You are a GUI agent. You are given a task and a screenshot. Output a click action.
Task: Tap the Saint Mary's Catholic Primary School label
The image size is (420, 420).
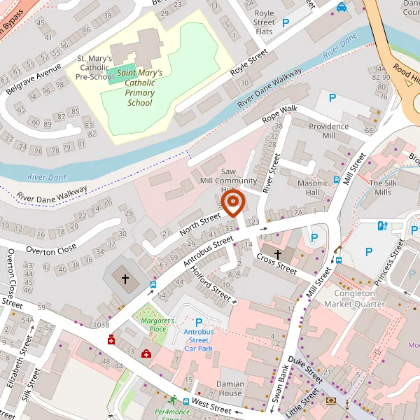pyautogui.click(x=140, y=87)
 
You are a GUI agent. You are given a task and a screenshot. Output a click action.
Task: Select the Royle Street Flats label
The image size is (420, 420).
pyautogui.click(x=265, y=22)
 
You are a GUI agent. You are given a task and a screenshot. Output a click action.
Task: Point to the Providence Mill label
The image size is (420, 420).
pyautogui.click(x=328, y=131)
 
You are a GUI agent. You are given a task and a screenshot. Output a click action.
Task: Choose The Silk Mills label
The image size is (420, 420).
pyautogui.click(x=384, y=188)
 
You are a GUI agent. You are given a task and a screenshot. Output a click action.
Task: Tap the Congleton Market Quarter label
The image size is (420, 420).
pyautogui.click(x=359, y=299)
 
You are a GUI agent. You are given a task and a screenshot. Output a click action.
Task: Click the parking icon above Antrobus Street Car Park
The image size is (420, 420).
pyautogui.click(x=198, y=322)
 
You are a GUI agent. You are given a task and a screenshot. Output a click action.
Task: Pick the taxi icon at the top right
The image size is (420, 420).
pyautogui.click(x=341, y=7)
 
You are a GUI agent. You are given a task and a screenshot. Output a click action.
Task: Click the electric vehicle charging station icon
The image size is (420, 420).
pyautogui.click(x=382, y=225)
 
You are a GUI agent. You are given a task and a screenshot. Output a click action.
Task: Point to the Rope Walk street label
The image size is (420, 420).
pyautogui.click(x=280, y=115)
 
